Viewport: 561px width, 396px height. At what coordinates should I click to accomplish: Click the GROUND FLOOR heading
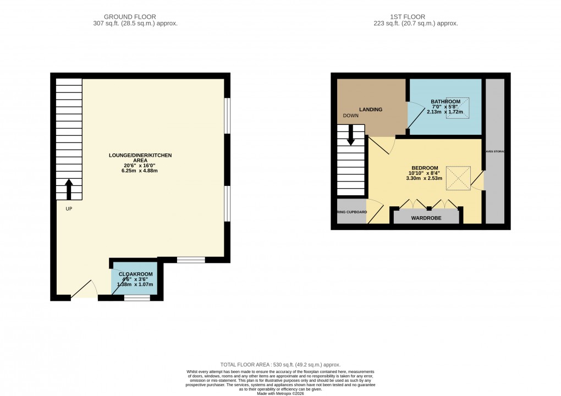click(135, 17)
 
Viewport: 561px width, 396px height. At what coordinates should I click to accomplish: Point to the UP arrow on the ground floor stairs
click(69, 189)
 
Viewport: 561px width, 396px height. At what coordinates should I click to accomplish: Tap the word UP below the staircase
click(69, 209)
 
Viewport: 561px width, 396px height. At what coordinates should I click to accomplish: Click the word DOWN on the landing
click(350, 116)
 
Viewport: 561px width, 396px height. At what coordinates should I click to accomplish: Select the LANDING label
click(371, 109)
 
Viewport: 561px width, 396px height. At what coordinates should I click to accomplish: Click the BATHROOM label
click(445, 102)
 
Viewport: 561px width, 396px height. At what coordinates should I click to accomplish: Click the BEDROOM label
click(425, 168)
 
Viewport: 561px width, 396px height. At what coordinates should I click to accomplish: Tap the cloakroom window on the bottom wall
click(137, 298)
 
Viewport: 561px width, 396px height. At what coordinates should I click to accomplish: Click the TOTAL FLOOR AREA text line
click(280, 365)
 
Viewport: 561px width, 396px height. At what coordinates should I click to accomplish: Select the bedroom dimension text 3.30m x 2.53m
click(425, 178)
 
